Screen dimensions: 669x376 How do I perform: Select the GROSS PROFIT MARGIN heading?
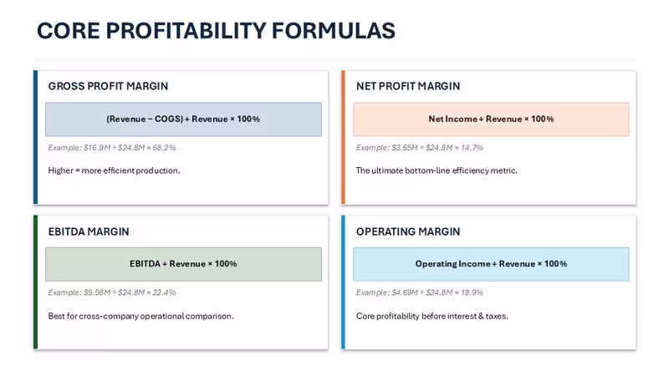(x=108, y=86)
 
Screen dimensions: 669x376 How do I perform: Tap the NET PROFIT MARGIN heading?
(x=408, y=86)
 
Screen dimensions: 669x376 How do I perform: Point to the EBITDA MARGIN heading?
(x=89, y=231)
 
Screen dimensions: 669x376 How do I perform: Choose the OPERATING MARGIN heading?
(x=408, y=231)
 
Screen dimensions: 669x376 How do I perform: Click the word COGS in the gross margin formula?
(x=169, y=119)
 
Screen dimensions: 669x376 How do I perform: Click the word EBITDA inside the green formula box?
(x=145, y=264)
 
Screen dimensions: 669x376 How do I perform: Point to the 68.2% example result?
(x=164, y=148)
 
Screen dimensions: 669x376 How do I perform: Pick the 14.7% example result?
(x=472, y=148)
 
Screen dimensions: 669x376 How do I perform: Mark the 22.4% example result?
(x=164, y=292)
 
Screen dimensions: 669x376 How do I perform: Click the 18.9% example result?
(x=472, y=292)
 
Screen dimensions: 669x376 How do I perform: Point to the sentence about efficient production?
(x=114, y=170)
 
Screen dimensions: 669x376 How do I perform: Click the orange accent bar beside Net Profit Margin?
(x=343, y=137)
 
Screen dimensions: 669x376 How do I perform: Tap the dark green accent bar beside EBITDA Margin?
(x=35, y=282)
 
